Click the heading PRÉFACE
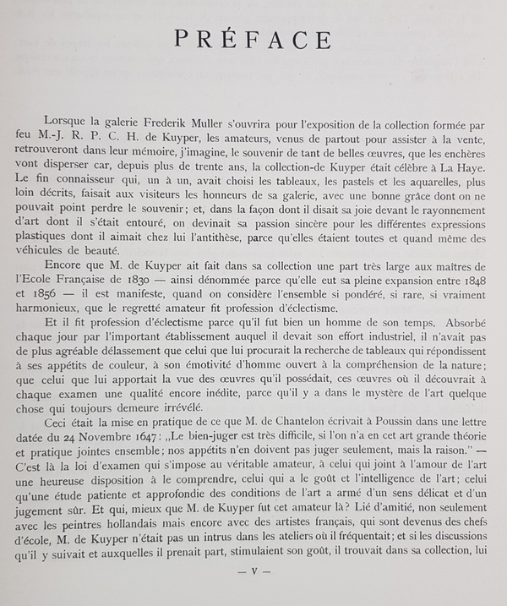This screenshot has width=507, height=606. [x=251, y=41]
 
